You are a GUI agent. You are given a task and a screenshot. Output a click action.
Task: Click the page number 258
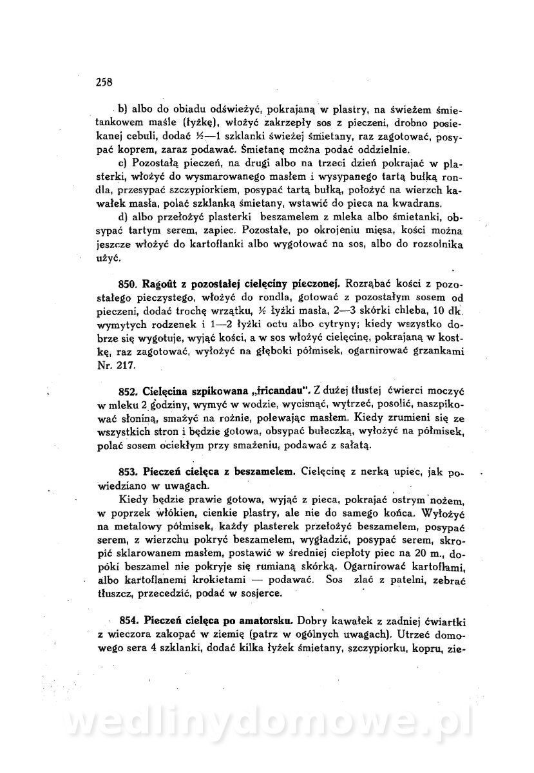coord(104,81)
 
